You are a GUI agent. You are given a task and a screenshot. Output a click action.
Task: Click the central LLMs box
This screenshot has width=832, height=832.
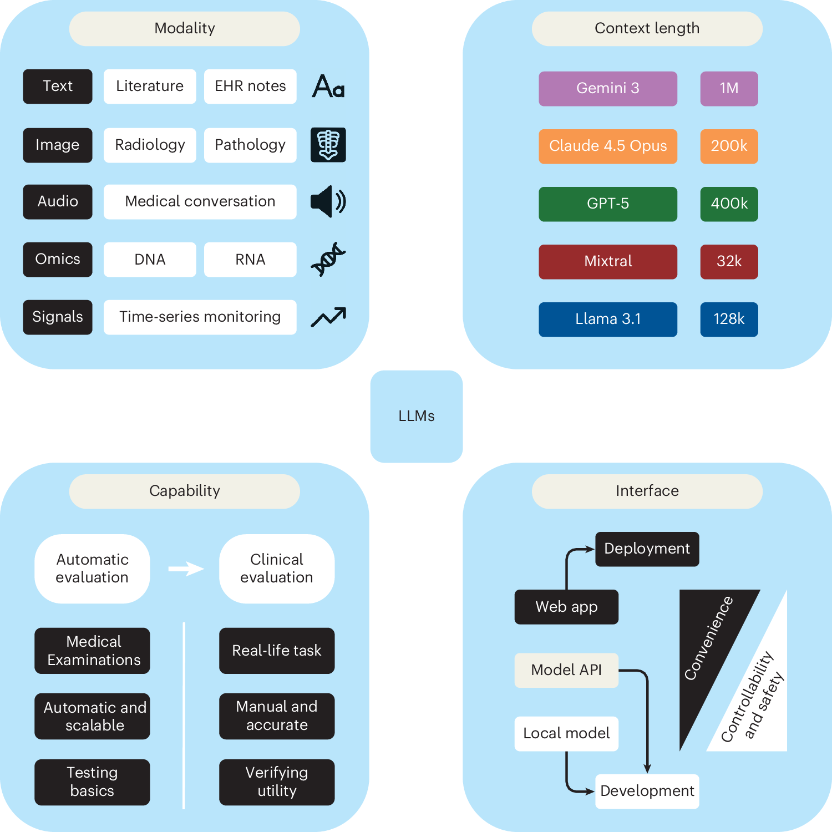[417, 416]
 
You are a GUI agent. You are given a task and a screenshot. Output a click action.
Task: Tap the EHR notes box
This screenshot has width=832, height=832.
[250, 87]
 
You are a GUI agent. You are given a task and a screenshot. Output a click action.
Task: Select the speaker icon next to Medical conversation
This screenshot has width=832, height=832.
[328, 201]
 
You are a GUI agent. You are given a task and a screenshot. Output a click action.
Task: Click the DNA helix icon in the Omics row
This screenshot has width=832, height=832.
[328, 259]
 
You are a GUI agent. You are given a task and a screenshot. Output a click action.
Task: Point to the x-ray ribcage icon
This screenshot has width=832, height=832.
[328, 145]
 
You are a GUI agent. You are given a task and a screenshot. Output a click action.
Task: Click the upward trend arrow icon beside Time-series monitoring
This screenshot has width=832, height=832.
[328, 317]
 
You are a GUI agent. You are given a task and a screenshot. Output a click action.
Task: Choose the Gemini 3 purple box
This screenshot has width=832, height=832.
[608, 89]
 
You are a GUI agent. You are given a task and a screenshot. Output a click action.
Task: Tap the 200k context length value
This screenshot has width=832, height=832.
[729, 146]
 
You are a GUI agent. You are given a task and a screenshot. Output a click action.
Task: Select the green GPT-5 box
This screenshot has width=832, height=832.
[608, 204]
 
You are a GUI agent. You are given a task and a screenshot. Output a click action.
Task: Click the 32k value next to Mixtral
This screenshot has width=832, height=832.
[729, 262]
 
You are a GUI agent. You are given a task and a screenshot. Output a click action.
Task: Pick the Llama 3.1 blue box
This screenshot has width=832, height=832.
[608, 319]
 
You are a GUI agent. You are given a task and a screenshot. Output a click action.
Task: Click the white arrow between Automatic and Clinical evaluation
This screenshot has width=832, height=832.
[186, 569]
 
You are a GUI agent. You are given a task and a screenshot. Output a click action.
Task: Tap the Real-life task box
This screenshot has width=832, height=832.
[277, 651]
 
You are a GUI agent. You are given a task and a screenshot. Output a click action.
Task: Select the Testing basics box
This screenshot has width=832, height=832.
[92, 782]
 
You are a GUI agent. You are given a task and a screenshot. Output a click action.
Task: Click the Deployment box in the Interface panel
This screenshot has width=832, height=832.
[647, 549]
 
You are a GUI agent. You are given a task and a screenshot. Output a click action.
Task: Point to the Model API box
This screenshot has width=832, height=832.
[566, 670]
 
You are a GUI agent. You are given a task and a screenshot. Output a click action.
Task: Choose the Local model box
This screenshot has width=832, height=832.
[566, 734]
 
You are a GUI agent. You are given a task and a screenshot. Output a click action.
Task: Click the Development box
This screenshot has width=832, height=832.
[647, 792]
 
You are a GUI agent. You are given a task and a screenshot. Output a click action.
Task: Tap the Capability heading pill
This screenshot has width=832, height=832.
[185, 491]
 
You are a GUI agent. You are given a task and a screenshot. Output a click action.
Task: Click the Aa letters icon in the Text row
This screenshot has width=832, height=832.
[328, 87]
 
